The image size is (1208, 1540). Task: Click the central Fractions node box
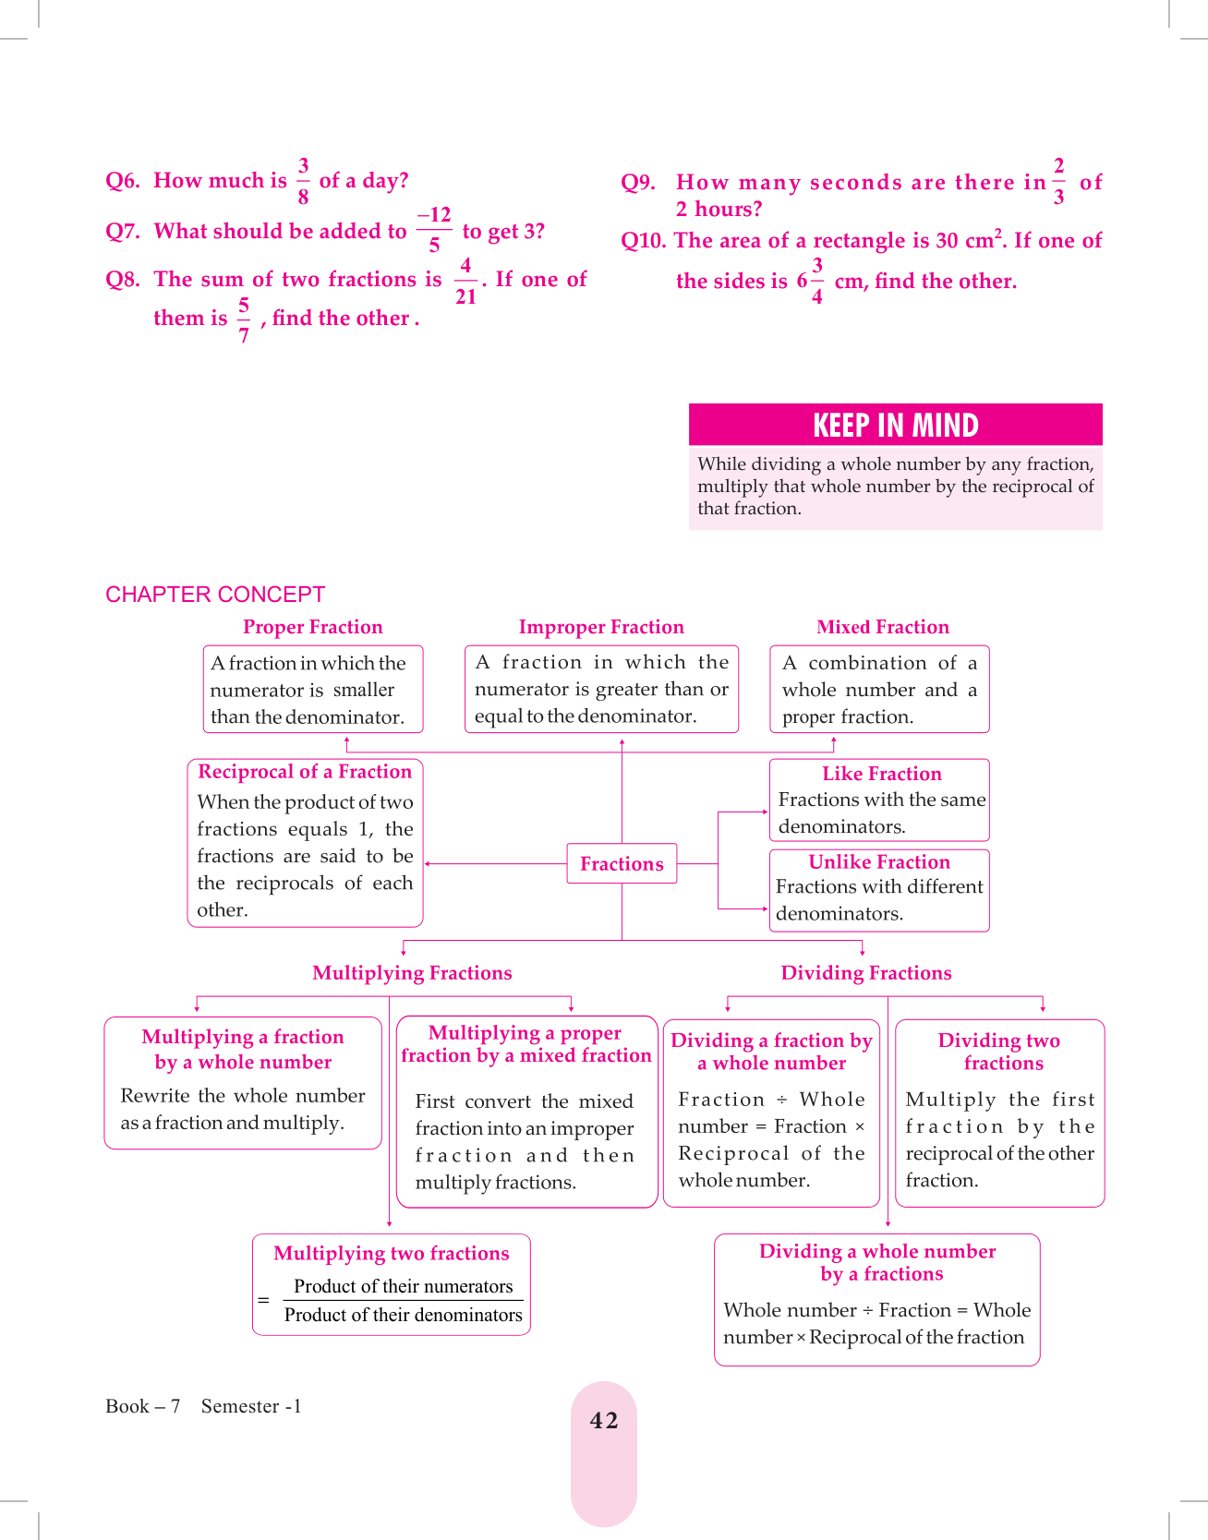pyautogui.click(x=622, y=864)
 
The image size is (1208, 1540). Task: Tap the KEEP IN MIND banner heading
pyautogui.click(x=895, y=426)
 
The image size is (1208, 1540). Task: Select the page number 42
pyautogui.click(x=604, y=1421)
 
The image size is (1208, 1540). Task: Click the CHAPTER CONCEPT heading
pyautogui.click(x=215, y=595)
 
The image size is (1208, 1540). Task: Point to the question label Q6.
pyautogui.click(x=123, y=181)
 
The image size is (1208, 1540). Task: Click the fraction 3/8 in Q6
pyautogui.click(x=303, y=181)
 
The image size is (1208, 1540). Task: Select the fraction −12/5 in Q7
pyautogui.click(x=434, y=230)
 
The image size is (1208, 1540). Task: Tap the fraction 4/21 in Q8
pyautogui.click(x=465, y=281)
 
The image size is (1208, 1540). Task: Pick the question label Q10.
pyautogui.click(x=644, y=241)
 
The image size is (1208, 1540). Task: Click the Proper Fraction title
pyautogui.click(x=312, y=627)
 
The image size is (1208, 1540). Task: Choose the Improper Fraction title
pyautogui.click(x=601, y=627)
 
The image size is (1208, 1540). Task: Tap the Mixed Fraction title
pyautogui.click(x=882, y=627)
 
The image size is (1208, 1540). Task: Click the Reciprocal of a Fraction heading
pyautogui.click(x=305, y=772)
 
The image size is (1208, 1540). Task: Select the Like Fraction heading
pyautogui.click(x=882, y=774)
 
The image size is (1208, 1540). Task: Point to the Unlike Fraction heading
pyautogui.click(x=879, y=862)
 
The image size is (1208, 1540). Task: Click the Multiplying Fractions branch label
pyautogui.click(x=412, y=973)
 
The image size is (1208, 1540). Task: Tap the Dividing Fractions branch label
pyautogui.click(x=866, y=973)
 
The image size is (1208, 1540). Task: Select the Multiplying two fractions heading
pyautogui.click(x=392, y=1253)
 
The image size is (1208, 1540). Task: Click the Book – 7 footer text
pyautogui.click(x=142, y=1406)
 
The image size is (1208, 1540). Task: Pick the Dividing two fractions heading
pyautogui.click(x=1000, y=1052)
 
